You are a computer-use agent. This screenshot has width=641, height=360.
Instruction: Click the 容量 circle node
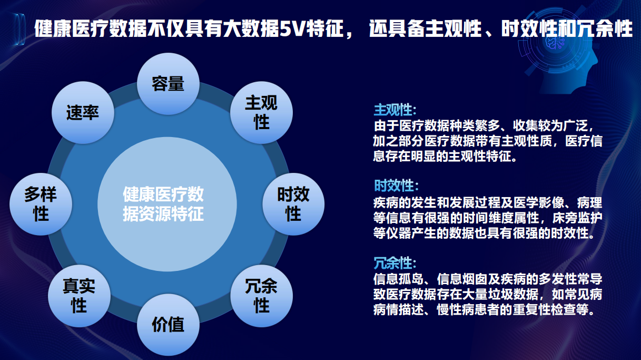click(168, 83)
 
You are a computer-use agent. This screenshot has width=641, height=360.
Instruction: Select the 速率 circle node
click(83, 113)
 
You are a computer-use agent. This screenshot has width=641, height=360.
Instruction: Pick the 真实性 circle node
click(79, 296)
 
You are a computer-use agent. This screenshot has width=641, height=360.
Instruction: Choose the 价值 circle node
click(168, 324)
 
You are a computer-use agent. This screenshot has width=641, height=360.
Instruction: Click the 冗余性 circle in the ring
click(261, 295)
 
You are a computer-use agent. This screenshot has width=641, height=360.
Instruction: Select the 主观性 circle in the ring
click(261, 113)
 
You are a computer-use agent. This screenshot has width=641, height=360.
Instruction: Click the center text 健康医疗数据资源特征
click(163, 205)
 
